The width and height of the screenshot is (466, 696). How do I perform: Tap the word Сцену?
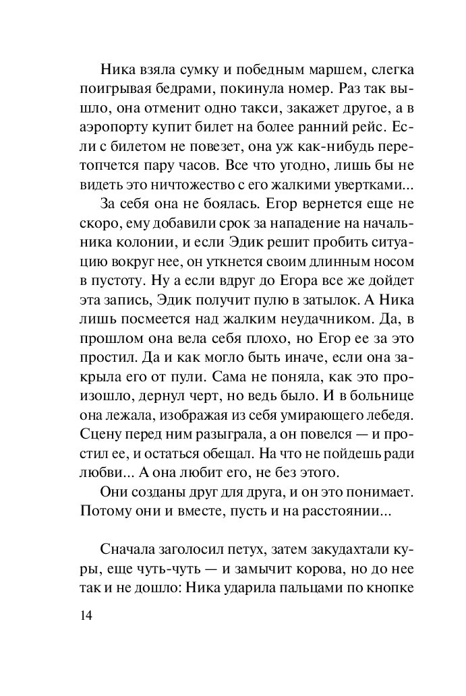coord(99,429)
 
